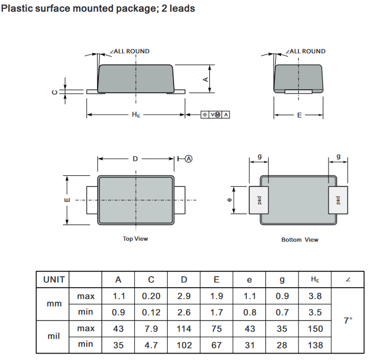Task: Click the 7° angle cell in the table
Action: (x=348, y=321)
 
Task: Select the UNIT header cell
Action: (x=54, y=280)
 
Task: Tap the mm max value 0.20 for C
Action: (x=151, y=296)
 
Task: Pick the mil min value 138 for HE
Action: (x=315, y=345)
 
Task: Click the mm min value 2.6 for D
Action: (x=184, y=312)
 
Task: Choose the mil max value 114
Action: (x=184, y=329)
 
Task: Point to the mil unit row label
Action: (x=54, y=336)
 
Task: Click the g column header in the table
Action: (x=282, y=280)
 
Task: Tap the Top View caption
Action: (x=135, y=239)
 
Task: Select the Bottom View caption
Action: (x=300, y=240)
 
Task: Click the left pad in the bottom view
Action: (x=259, y=200)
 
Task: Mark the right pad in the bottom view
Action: (x=338, y=200)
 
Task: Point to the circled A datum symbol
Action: (x=189, y=159)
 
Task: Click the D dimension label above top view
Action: (x=135, y=159)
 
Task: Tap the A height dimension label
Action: (x=206, y=79)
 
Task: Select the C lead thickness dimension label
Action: (x=55, y=92)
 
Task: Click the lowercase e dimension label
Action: (x=230, y=200)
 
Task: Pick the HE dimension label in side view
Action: (x=136, y=115)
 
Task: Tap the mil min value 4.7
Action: (x=151, y=345)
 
